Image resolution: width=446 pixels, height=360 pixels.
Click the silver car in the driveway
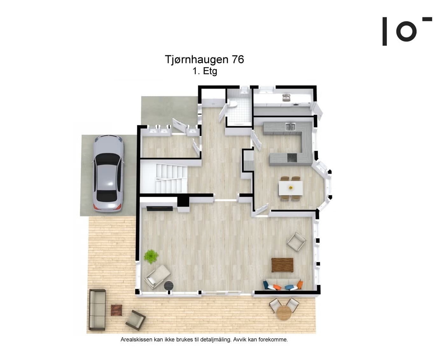tap(108, 173)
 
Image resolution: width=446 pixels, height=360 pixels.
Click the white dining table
tap(291, 188)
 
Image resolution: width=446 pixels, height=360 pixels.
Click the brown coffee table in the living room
tap(282, 265)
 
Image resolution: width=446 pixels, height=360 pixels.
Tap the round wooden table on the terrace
tap(284, 312)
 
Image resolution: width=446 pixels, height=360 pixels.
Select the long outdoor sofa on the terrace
tap(97, 309)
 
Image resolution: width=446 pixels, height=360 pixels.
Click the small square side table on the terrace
tap(116, 310)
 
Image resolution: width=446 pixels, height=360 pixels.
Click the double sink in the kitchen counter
tap(290, 127)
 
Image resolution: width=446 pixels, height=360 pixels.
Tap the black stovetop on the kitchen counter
tap(292, 158)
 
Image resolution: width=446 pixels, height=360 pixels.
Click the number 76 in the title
tap(238, 60)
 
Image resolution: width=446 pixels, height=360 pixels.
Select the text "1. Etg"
tap(205, 71)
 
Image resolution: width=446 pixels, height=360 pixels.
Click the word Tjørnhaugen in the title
tap(197, 60)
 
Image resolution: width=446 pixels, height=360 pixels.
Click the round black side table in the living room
tap(169, 285)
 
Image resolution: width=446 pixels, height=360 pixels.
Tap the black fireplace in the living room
tap(160, 208)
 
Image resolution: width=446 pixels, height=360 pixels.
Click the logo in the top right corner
tap(407, 31)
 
